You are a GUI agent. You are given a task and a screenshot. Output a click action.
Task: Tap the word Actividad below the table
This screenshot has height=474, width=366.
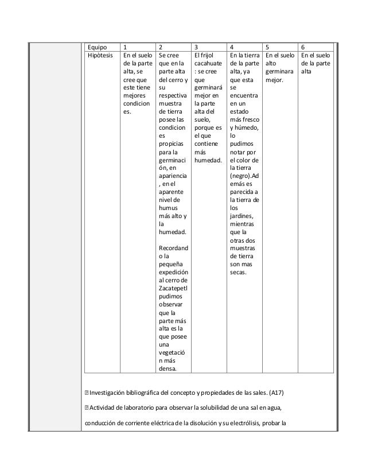point(104,408)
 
